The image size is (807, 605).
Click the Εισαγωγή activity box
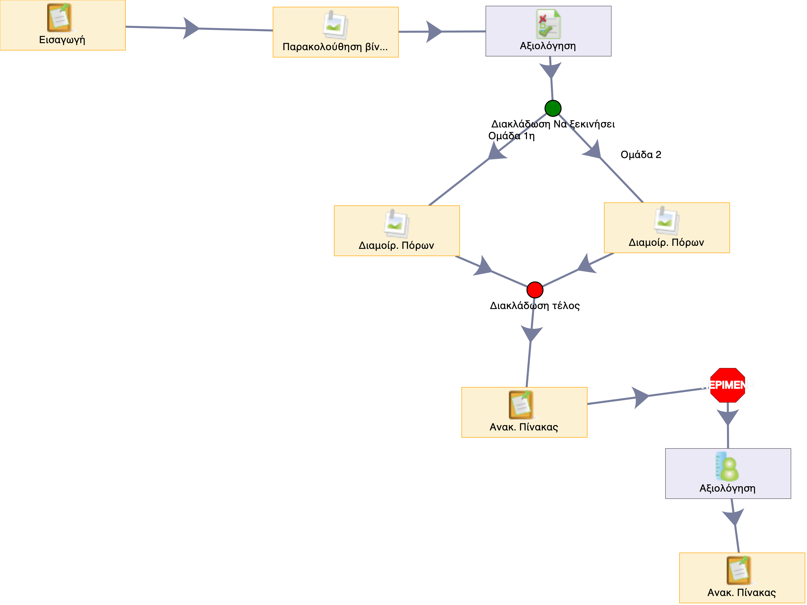click(62, 25)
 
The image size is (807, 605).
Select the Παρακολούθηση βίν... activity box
click(335, 32)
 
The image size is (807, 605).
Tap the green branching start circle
click(553, 108)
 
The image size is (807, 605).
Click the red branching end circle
click(535, 290)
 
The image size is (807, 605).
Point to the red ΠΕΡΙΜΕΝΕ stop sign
click(727, 385)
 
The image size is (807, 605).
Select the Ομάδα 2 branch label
click(641, 155)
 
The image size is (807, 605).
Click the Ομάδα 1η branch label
click(511, 136)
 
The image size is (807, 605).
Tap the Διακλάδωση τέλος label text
click(534, 306)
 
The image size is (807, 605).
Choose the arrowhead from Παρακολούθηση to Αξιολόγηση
click(434, 32)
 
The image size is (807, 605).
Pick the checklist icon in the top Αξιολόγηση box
click(548, 24)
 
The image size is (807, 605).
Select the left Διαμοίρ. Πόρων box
click(396, 231)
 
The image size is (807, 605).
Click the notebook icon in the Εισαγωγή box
click(59, 18)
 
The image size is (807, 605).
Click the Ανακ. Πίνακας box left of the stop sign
click(524, 412)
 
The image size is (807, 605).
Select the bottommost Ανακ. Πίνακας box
click(742, 578)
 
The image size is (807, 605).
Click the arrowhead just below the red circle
click(531, 333)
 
